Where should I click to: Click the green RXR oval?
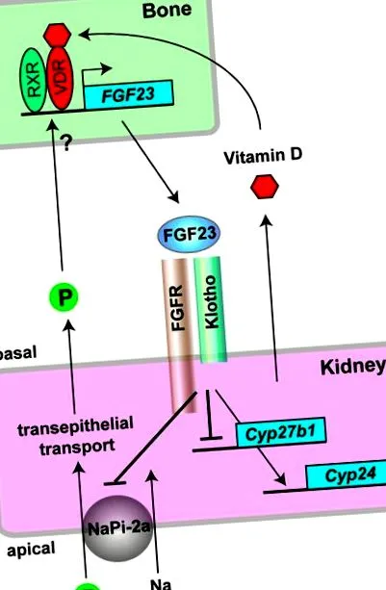tap(33, 80)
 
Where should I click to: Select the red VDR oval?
tap(60, 78)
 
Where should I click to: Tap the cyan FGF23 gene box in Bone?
tap(129, 94)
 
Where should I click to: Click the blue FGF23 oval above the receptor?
tap(189, 234)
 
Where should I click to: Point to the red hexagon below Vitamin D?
tap(265, 186)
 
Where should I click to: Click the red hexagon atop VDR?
tap(57, 35)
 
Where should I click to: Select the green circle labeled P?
tap(64, 297)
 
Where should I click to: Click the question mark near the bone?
tap(66, 143)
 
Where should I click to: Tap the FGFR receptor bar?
tap(179, 335)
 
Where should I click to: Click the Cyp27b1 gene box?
tap(281, 432)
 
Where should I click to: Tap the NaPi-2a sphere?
tap(118, 528)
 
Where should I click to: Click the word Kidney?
tap(352, 366)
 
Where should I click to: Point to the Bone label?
tap(167, 10)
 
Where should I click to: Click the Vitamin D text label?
tap(263, 156)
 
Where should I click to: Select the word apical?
tap(31, 550)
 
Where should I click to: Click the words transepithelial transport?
tap(76, 435)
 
